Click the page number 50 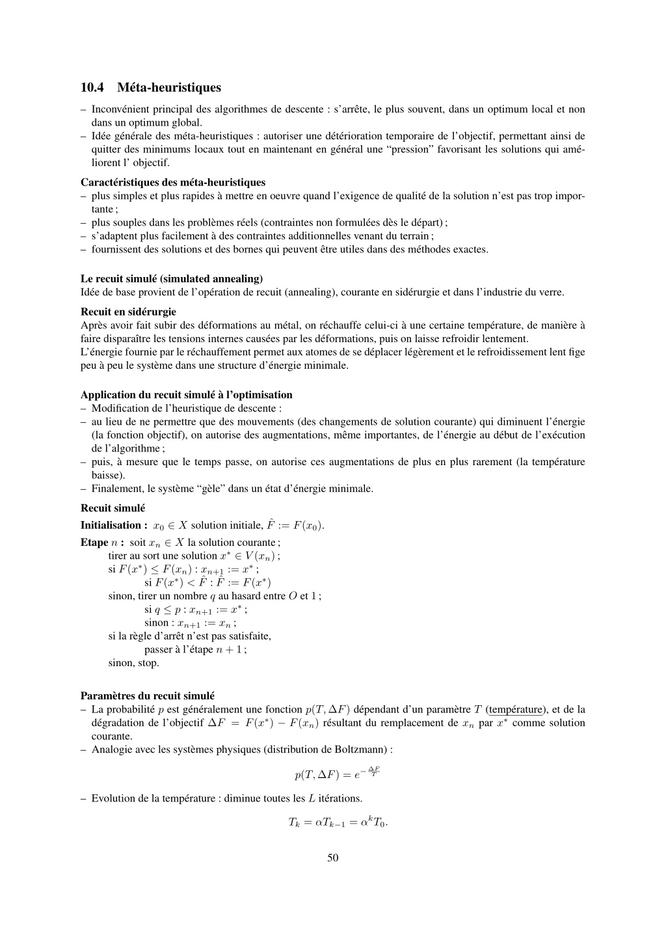[x=332, y=857]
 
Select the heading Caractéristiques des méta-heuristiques [x=172, y=182]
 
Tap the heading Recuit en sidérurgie [x=128, y=312]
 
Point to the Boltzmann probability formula [x=337, y=774]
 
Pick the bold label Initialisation [x=111, y=525]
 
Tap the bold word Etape [x=94, y=542]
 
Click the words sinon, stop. [x=133, y=663]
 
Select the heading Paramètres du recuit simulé [x=147, y=695]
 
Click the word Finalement [x=114, y=489]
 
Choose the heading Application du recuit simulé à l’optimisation [x=186, y=394]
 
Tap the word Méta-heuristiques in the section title [x=169, y=87]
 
